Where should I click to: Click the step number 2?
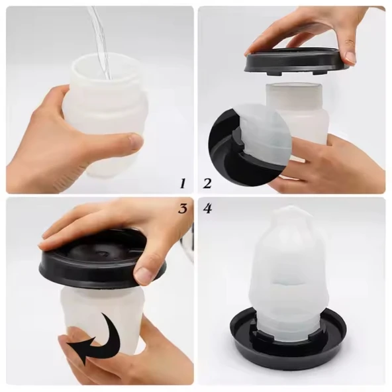pyautogui.click(x=207, y=183)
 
